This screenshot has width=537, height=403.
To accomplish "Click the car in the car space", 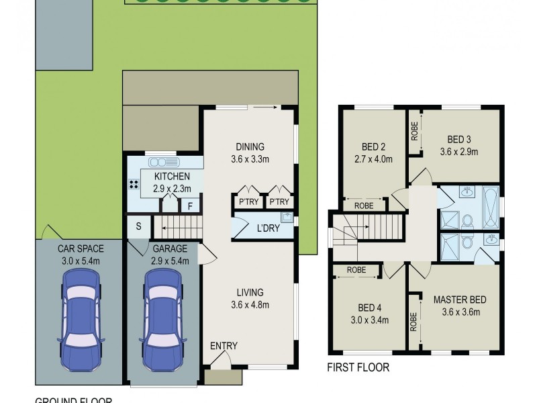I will point(81,320).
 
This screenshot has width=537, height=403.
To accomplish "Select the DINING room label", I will point(250,147).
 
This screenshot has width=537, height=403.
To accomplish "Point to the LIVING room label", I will point(249,292).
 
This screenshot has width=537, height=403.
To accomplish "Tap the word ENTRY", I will point(223,346).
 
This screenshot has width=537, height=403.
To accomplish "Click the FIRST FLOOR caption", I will point(358,367).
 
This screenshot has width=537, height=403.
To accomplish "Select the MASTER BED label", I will point(459,300).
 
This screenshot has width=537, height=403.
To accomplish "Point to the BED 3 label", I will point(458,140).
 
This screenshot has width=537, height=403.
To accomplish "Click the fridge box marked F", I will point(191,206).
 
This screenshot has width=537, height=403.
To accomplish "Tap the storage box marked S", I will point(138,226).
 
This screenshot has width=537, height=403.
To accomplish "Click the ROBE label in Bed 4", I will point(356,270).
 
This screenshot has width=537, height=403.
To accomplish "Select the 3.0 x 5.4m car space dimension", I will point(81,260).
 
